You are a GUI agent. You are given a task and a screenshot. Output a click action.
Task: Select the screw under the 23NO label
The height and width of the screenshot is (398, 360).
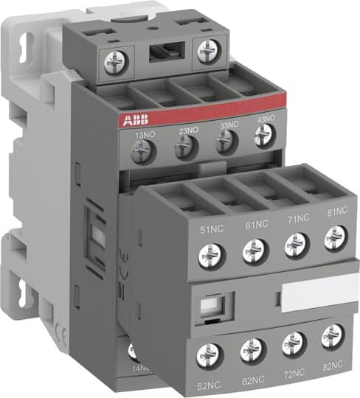tap(185, 149)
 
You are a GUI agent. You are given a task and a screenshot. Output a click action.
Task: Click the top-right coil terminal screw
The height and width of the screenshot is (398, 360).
tap(207, 50)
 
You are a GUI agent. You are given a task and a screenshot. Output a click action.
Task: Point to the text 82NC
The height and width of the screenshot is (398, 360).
tap(335, 366)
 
